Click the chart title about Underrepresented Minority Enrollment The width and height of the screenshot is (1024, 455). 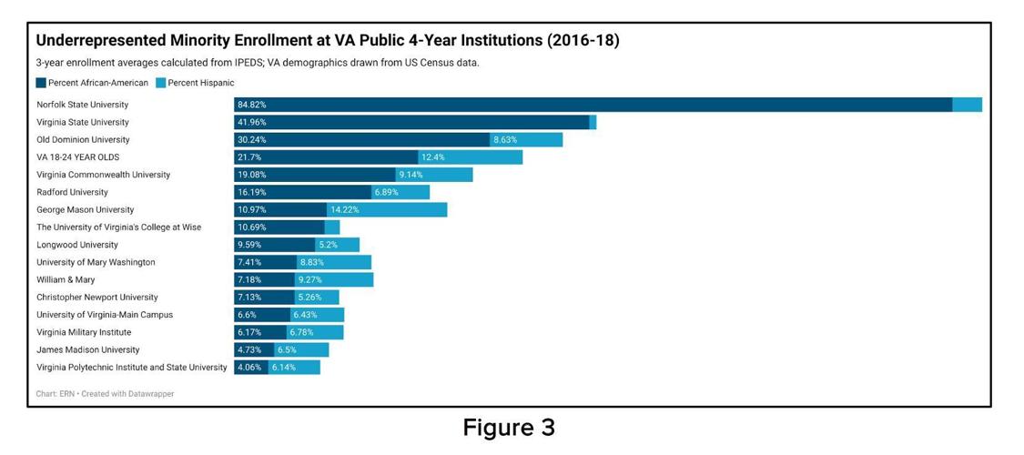(x=327, y=41)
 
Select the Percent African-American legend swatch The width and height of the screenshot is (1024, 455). (x=42, y=83)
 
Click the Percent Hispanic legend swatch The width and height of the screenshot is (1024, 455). (x=161, y=83)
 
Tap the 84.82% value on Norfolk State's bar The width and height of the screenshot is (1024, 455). (x=252, y=105)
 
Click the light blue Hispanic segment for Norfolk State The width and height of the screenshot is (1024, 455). (x=967, y=105)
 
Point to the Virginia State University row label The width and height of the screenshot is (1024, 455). (x=83, y=122)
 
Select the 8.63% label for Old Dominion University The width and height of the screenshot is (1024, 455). (x=505, y=140)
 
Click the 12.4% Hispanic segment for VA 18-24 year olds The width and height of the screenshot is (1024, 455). (x=470, y=157)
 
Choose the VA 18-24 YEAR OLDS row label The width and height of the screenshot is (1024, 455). (x=77, y=157)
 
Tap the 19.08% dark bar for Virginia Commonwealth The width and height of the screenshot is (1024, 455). (x=315, y=175)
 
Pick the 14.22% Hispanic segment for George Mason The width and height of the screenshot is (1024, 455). (x=386, y=210)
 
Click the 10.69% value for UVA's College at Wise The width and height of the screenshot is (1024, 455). (x=252, y=227)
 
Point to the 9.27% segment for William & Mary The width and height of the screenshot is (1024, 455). (x=333, y=280)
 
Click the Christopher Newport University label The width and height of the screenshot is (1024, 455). (x=97, y=298)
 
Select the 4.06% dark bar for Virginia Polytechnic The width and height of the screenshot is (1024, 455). (x=250, y=368)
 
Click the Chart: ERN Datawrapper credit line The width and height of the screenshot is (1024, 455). (x=105, y=394)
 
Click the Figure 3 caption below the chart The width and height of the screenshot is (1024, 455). (x=509, y=428)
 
